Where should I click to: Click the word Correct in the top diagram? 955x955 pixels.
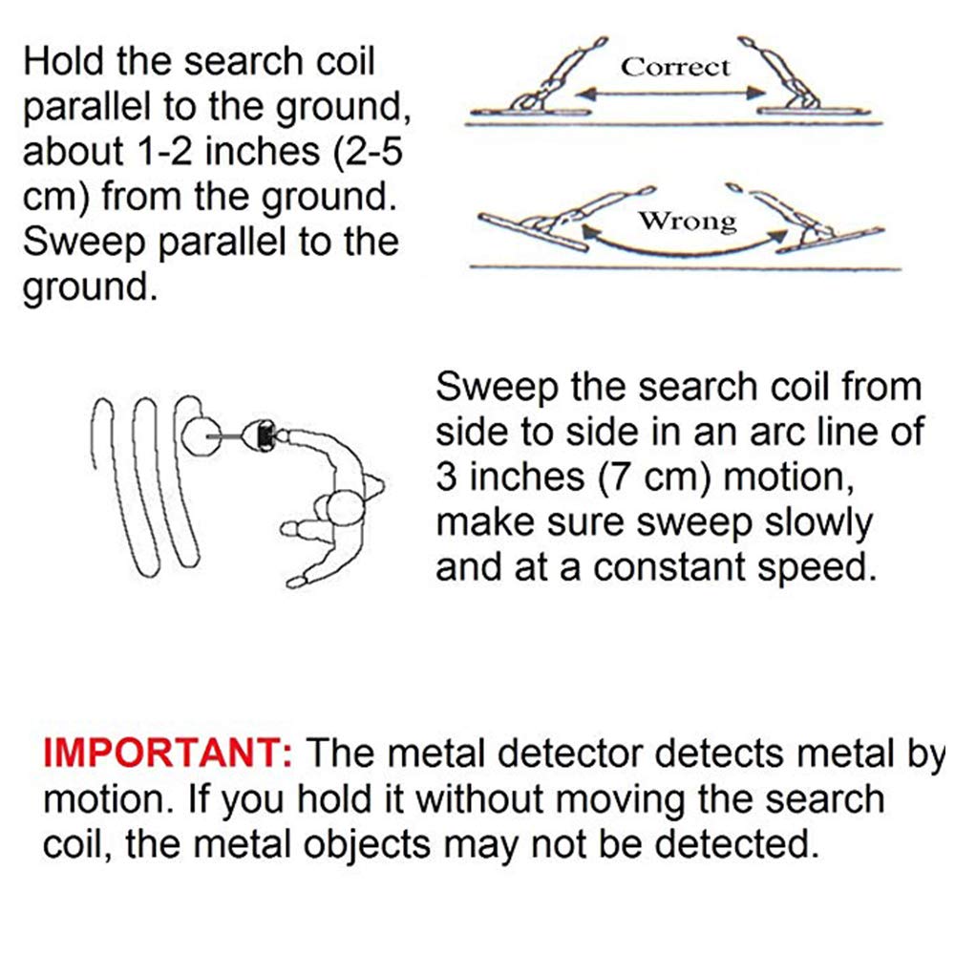pyautogui.click(x=675, y=67)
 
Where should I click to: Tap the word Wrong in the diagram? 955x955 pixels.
pyautogui.click(x=688, y=222)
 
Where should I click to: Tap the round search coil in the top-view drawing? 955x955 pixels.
pyautogui.click(x=202, y=435)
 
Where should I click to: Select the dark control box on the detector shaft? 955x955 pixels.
pyautogui.click(x=262, y=435)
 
